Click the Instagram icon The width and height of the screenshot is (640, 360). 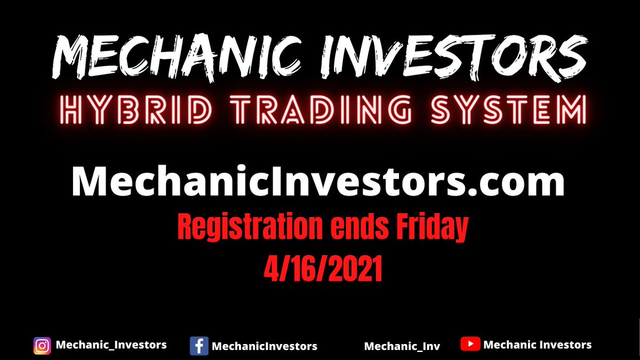tap(42, 346)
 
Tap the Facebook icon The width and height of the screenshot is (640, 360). tap(198, 346)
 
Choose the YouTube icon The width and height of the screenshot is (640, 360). tap(470, 345)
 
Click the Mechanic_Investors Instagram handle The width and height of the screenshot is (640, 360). tap(111, 345)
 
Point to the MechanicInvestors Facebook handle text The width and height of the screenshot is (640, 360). tap(265, 346)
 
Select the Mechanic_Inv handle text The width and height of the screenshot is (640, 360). tap(402, 346)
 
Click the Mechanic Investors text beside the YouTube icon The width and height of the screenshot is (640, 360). tap(537, 345)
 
